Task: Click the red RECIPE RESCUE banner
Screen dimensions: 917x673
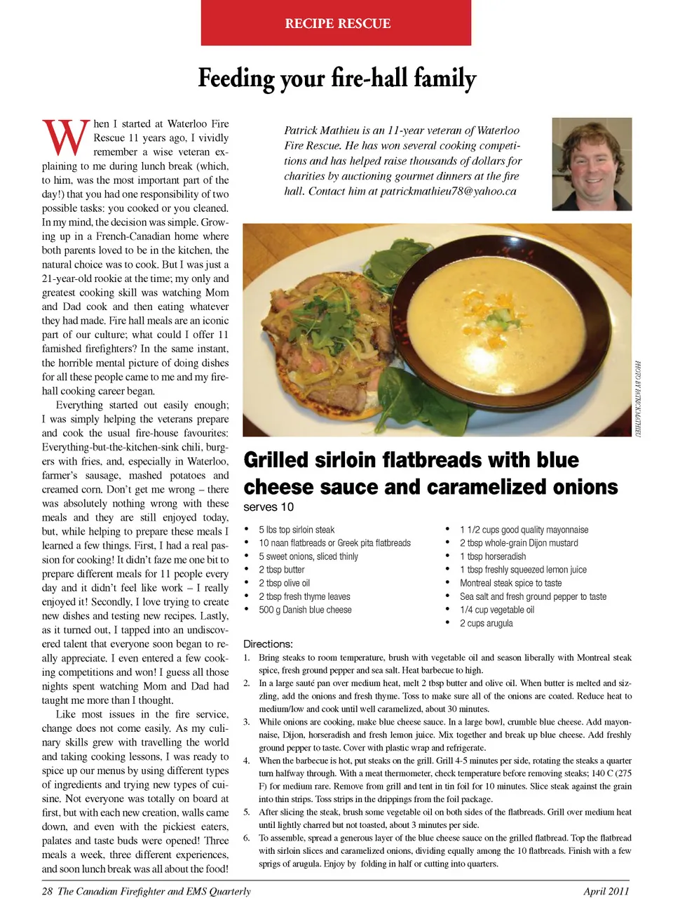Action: pyautogui.click(x=336, y=23)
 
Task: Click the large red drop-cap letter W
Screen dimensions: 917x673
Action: pyautogui.click(x=67, y=138)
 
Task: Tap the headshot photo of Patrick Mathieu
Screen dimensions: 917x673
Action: pyautogui.click(x=592, y=164)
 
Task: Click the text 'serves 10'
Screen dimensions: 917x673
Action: pyautogui.click(x=268, y=507)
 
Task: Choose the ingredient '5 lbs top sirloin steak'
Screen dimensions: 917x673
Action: pyautogui.click(x=297, y=530)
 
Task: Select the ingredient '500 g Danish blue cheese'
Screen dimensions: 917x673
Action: pyautogui.click(x=305, y=610)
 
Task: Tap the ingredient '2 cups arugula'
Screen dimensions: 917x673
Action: pyautogui.click(x=486, y=623)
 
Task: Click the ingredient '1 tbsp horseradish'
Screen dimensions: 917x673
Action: pyautogui.click(x=493, y=556)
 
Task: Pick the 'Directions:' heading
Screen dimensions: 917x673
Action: pyautogui.click(x=268, y=644)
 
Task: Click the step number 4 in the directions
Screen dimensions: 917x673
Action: pyautogui.click(x=247, y=761)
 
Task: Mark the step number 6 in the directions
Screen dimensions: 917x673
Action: pyautogui.click(x=247, y=838)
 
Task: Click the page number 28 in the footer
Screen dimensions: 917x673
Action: pyautogui.click(x=47, y=892)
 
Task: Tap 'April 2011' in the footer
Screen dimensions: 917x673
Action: pyautogui.click(x=606, y=892)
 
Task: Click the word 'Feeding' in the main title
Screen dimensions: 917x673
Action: pyautogui.click(x=236, y=78)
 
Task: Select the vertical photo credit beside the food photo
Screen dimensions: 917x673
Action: pyautogui.click(x=638, y=399)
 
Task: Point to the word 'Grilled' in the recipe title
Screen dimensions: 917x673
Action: pyautogui.click(x=276, y=460)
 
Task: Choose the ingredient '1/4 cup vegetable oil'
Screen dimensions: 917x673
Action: pyautogui.click(x=496, y=610)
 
